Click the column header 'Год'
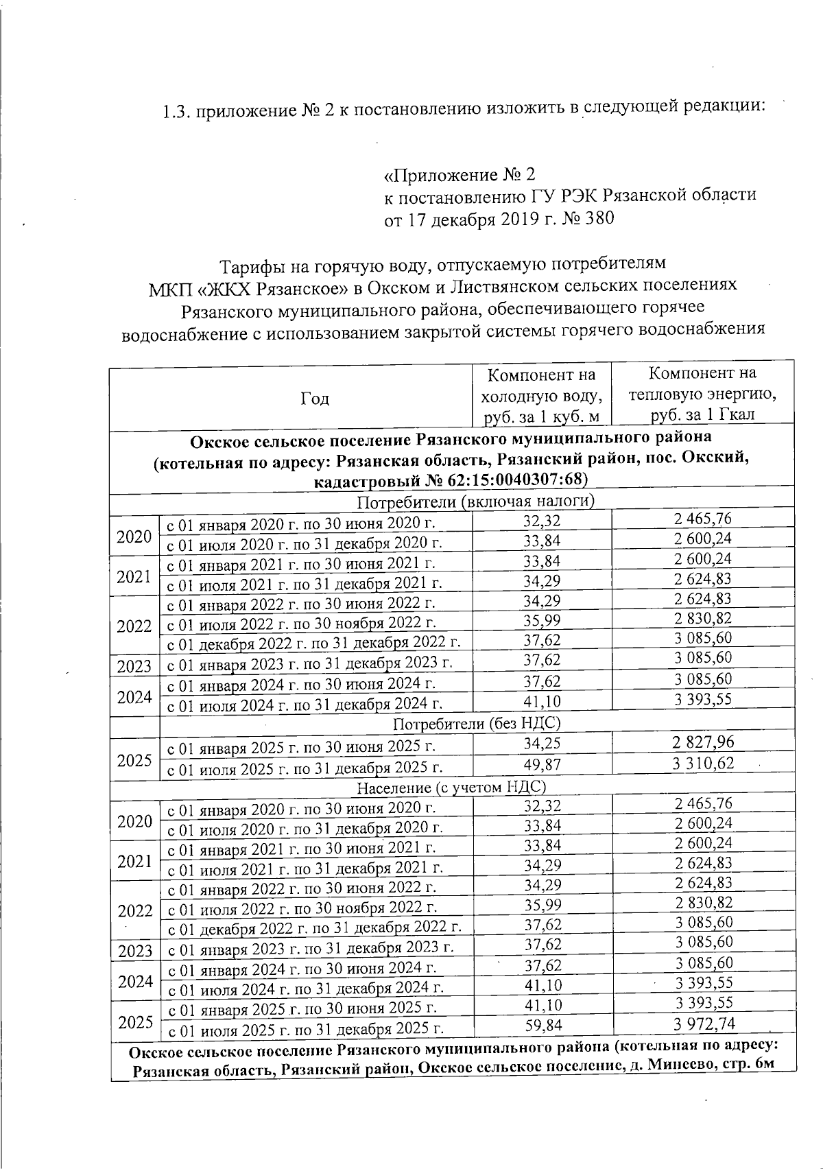[314, 399]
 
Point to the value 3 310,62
[703, 763]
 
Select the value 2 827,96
[703, 742]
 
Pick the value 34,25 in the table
[542, 744]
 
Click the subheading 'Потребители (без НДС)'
[477, 723]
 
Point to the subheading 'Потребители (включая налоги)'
[475, 501]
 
